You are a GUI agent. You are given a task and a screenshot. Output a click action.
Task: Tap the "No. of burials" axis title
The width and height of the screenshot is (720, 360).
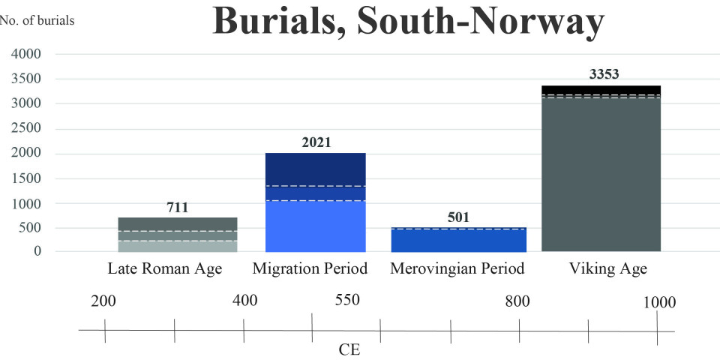pos(37,20)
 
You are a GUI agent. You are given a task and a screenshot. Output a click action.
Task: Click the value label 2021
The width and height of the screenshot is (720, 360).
pos(316,142)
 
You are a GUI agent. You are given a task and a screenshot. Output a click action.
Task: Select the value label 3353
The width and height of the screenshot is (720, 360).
pos(603,75)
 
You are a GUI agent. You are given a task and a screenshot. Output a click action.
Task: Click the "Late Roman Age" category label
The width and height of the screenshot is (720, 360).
pos(165,268)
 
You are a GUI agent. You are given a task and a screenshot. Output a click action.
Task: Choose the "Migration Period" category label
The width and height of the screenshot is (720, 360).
pos(309,268)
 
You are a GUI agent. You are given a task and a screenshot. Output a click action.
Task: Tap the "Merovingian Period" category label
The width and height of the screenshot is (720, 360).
pos(457,268)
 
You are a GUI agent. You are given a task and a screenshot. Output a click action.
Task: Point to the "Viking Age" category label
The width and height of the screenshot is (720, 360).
pos(607,268)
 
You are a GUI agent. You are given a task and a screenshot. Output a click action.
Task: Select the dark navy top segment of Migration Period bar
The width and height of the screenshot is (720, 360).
pos(316,169)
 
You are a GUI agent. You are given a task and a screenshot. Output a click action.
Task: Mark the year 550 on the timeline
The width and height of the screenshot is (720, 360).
pos(347,300)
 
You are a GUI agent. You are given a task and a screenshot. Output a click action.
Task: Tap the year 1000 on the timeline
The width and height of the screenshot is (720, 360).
pos(659,302)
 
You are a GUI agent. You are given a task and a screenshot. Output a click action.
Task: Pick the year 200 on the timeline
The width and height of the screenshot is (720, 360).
pos(103,301)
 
